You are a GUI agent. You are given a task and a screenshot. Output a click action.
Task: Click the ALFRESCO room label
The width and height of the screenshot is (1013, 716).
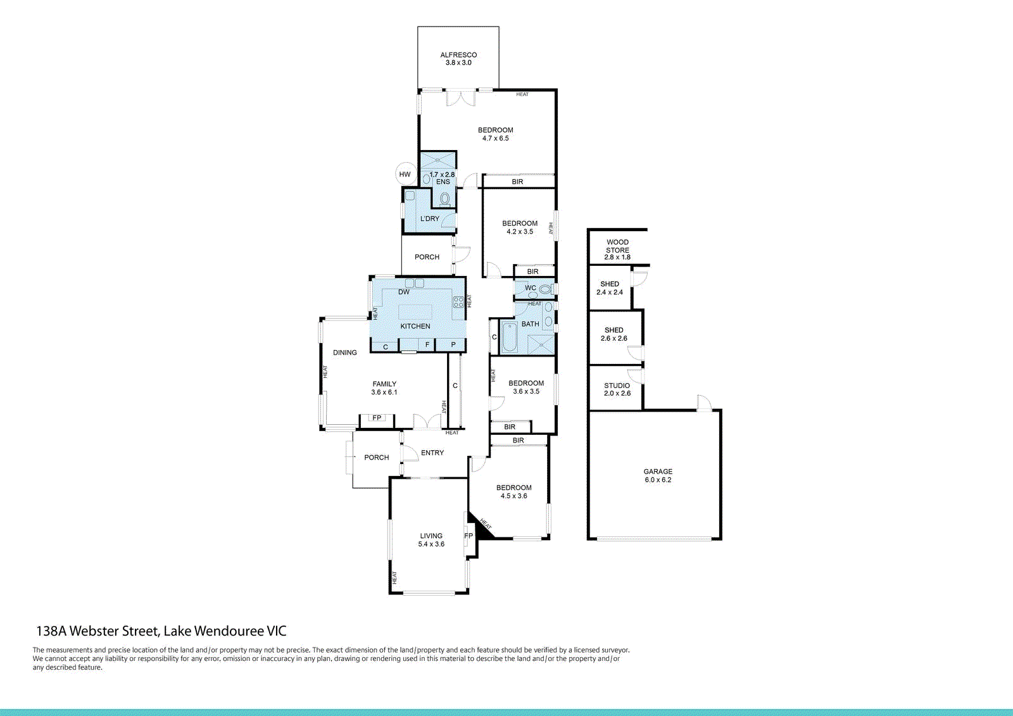pos(458,55)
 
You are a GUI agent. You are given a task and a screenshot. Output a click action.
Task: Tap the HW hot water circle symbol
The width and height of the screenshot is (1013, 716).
pos(405,174)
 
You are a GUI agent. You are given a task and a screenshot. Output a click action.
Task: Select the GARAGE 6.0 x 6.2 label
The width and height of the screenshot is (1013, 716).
pos(658,475)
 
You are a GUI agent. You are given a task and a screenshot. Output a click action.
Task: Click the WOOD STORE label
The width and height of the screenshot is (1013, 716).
pos(617,246)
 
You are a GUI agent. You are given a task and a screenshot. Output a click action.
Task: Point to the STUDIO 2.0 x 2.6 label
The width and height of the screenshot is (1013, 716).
pos(617,389)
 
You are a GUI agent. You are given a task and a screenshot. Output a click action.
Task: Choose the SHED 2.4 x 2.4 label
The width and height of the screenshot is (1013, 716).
pos(610,288)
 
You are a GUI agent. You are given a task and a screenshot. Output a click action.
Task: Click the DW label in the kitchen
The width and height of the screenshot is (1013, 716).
pos(404,292)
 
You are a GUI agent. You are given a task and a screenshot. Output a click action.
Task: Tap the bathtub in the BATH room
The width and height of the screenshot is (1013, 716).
pos(509,337)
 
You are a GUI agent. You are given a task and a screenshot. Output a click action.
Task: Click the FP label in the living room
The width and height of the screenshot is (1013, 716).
pos(469,536)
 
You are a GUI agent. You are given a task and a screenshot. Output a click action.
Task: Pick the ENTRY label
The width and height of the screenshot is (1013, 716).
pos(432,453)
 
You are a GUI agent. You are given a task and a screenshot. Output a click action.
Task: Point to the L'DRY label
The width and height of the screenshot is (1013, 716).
pos(429,218)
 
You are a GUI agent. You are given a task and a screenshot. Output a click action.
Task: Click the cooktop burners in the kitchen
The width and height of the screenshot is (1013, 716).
pos(458,302)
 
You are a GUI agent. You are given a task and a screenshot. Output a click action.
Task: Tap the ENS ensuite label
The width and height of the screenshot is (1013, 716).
pos(443,182)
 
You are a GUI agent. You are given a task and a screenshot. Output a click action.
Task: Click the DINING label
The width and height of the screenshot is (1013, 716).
pos(345,353)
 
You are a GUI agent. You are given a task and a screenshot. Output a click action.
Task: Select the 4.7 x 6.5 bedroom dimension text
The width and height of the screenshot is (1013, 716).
pos(495,138)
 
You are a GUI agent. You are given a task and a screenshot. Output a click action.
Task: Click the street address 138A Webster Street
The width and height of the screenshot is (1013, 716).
pos(161,631)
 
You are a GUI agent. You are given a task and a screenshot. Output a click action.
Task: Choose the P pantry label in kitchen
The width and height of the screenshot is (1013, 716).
pos(453,344)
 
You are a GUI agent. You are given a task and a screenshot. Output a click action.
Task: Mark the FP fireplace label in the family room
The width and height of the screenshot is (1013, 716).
pos(377,418)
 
